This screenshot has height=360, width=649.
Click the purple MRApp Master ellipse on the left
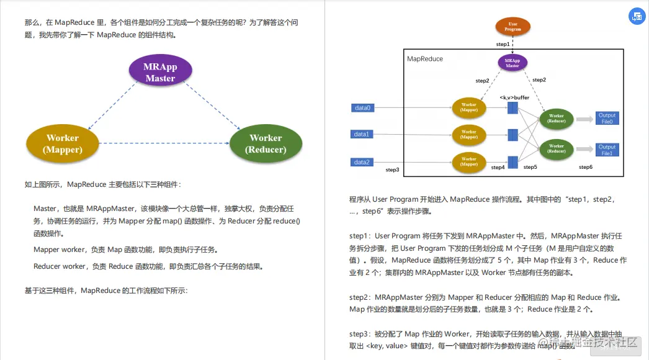pyautogui.click(x=160, y=71)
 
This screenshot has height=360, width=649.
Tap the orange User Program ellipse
pyautogui.click(x=512, y=26)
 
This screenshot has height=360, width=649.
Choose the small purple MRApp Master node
pyautogui.click(x=512, y=62)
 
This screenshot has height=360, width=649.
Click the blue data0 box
pyautogui.click(x=362, y=108)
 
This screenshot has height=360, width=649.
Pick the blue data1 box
pyautogui.click(x=362, y=134)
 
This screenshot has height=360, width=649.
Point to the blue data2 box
pyautogui.click(x=362, y=162)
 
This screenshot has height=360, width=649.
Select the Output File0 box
pyautogui.click(x=607, y=119)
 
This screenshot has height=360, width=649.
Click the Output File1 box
pyautogui.click(x=607, y=150)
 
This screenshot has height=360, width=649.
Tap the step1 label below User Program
pyautogui.click(x=503, y=44)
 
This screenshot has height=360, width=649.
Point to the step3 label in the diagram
pyautogui.click(x=392, y=169)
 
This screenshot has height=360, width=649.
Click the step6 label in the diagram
pyautogui.click(x=586, y=167)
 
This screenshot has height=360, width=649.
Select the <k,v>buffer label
pyautogui.click(x=514, y=97)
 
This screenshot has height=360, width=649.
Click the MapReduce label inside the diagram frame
pyautogui.click(x=425, y=59)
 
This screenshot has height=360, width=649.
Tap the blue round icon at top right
pyautogui.click(x=637, y=17)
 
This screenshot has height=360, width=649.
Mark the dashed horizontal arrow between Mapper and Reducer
pyautogui.click(x=164, y=143)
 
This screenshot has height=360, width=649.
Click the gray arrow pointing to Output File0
pyautogui.click(x=585, y=119)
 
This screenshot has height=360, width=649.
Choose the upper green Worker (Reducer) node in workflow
pyautogui.click(x=556, y=119)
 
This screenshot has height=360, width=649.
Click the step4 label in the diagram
pyautogui.click(x=498, y=167)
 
